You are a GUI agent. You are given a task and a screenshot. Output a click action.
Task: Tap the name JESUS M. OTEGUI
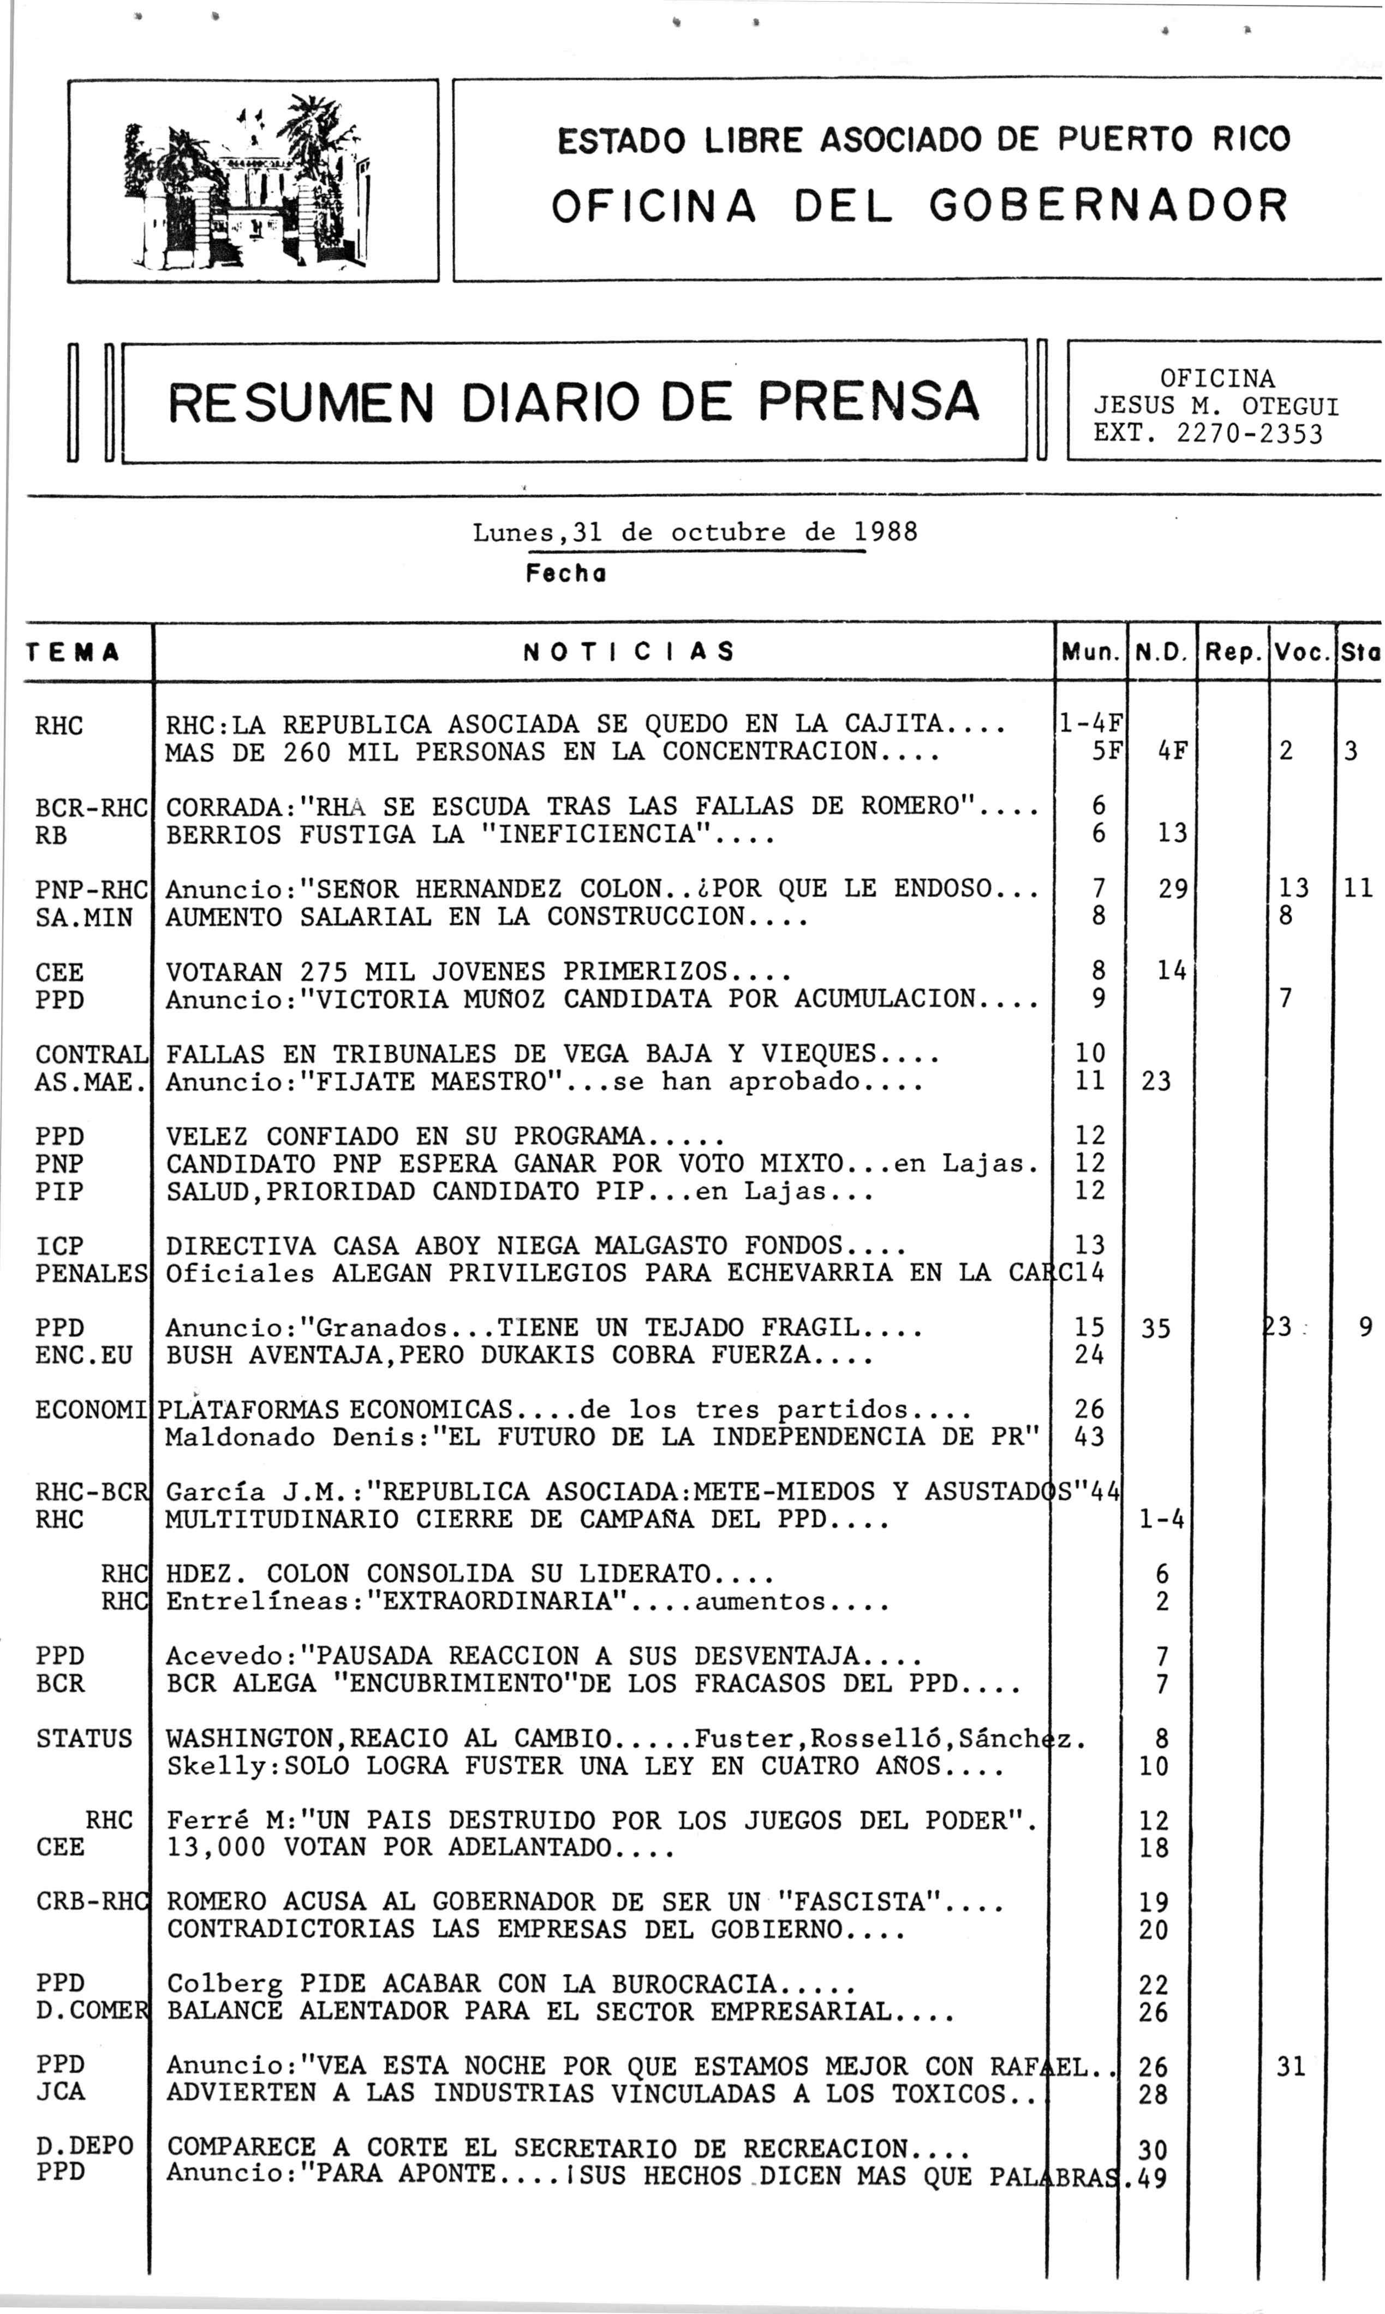[1216, 407]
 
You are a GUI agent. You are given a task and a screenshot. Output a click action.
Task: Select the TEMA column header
[73, 652]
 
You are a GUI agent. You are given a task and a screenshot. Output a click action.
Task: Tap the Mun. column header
[1090, 652]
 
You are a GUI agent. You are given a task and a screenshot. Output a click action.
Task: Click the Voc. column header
[1303, 652]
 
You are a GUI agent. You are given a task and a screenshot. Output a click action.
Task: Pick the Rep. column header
[1233, 652]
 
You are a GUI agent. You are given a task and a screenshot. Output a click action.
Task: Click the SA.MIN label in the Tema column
[84, 918]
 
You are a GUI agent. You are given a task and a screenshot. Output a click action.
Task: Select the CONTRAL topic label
[91, 1055]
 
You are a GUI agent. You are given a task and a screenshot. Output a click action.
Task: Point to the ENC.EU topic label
[84, 1355]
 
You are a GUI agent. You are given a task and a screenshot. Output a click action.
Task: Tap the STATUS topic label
[84, 1739]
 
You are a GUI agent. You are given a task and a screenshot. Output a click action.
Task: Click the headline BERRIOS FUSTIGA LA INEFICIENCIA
[469, 835]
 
